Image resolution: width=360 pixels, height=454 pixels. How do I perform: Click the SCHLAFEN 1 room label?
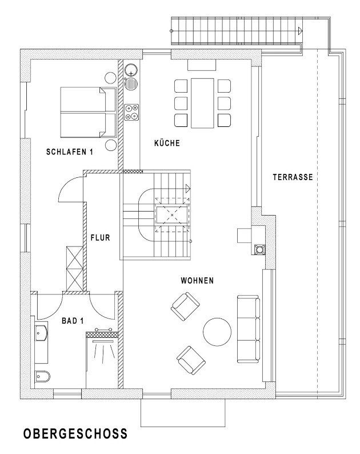pos(70,152)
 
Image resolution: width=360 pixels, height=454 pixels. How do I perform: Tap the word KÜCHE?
pos(167,143)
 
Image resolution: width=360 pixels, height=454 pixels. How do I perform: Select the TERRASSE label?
pos(293,177)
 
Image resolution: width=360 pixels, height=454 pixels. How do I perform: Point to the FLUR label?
pos(100,238)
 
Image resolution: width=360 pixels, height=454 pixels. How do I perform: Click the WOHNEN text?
pos(197,280)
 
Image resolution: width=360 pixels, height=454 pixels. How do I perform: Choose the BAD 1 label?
pos(73,321)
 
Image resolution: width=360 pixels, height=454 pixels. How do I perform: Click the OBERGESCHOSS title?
pos(75,433)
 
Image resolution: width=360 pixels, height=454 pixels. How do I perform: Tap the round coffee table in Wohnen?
pos(217,332)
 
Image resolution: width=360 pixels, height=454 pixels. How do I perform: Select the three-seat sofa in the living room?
pos(249,329)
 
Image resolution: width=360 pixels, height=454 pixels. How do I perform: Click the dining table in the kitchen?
pos(202,103)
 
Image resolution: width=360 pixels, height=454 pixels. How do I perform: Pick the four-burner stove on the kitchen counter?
pos(131,112)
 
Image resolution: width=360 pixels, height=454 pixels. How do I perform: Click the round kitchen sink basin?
pos(131,70)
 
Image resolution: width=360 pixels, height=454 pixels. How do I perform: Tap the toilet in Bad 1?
pos(42,376)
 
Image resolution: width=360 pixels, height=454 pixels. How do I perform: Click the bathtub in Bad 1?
pos(41,340)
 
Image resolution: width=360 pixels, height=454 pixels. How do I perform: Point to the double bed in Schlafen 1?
pos(88,112)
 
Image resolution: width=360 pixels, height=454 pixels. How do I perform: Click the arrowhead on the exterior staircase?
pos(300,30)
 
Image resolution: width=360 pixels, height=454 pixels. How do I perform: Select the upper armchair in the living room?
pos(185,306)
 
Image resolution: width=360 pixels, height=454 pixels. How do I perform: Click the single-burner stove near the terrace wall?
pos(258,249)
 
